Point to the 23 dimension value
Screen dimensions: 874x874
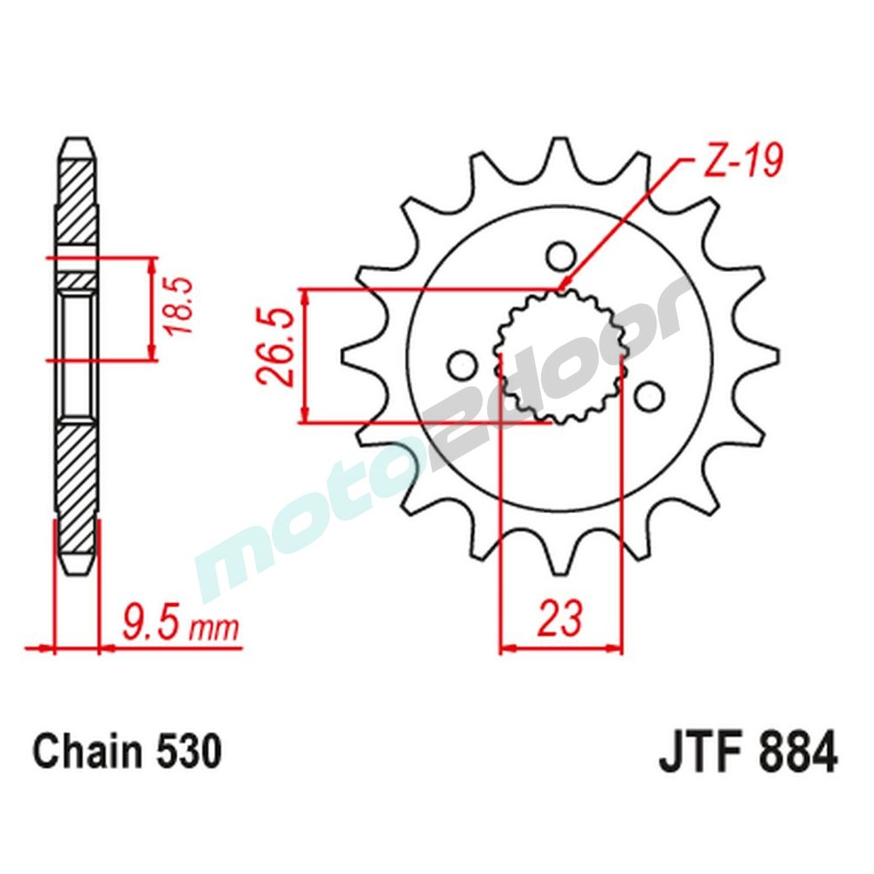click(x=560, y=619)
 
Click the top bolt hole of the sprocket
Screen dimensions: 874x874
click(x=561, y=256)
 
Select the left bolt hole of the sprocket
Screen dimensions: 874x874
click(x=459, y=364)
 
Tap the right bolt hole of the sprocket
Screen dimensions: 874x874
click(x=648, y=397)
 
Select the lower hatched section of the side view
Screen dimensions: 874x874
click(x=76, y=481)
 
